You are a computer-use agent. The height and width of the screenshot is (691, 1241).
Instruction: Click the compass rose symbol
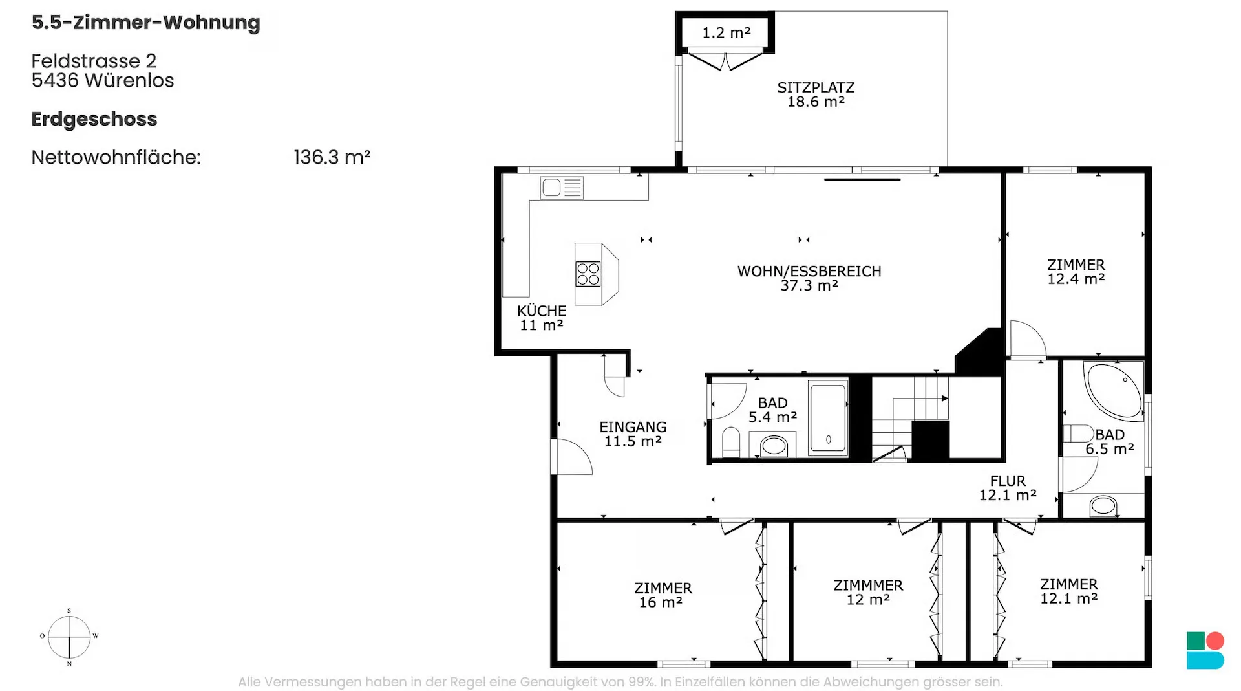point(69,637)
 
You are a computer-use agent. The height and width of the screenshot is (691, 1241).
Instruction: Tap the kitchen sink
point(562,188)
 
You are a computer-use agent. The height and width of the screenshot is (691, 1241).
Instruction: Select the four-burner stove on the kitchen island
point(588,274)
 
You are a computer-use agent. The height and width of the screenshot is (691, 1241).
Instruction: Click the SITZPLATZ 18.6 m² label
point(816,94)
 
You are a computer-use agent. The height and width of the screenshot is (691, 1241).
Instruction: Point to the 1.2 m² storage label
point(727,32)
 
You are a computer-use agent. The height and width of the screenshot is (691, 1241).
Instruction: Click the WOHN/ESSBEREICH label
point(809,271)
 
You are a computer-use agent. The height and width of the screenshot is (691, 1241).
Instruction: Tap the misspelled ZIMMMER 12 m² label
point(868,592)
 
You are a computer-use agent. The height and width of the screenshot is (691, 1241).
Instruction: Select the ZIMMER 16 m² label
point(663,595)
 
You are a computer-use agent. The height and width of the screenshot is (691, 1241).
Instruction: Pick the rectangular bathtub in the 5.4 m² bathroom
point(828,418)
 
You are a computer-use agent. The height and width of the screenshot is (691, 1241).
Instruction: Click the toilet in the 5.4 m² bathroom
point(731,442)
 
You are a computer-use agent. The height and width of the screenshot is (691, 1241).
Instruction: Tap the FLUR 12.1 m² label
point(1008,488)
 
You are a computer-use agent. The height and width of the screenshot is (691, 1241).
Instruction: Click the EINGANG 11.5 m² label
point(633,434)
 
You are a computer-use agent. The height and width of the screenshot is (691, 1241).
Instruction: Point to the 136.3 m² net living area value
point(332,157)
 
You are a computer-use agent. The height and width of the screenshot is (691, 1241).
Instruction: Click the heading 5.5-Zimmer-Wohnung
point(146,23)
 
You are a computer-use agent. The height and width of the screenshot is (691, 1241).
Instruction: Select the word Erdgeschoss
point(94,120)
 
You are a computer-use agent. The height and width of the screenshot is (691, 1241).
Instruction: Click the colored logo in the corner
point(1205,650)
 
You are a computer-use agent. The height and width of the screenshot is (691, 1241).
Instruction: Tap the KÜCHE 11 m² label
point(542,318)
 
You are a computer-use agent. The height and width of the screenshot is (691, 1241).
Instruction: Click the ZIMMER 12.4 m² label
point(1076,272)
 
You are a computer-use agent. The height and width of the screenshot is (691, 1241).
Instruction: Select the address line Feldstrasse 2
point(94,61)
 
